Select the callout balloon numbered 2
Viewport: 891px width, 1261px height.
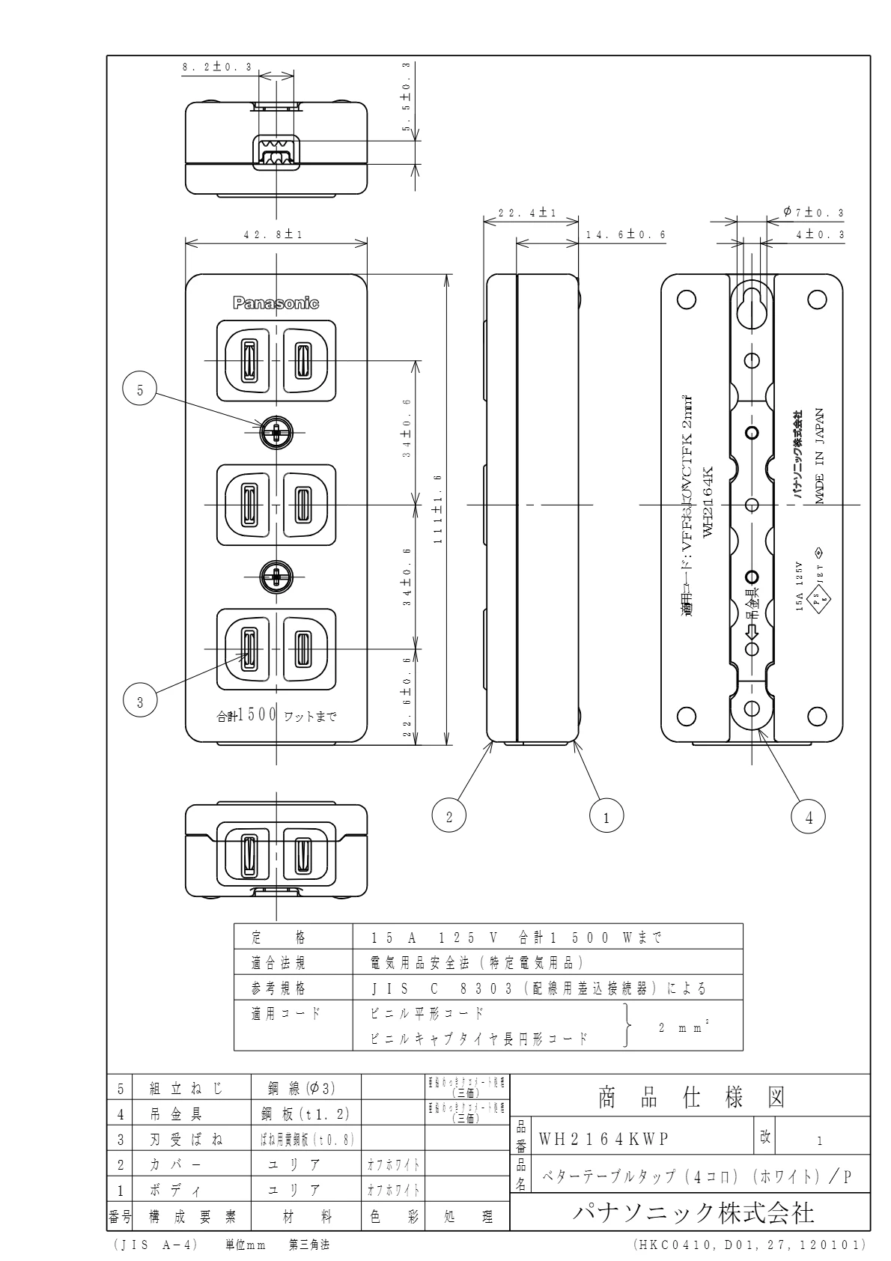(449, 817)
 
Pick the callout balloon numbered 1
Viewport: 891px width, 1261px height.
(607, 817)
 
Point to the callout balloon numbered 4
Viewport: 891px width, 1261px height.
(809, 817)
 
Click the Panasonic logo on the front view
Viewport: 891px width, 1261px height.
(276, 303)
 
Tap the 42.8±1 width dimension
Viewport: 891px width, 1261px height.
(273, 234)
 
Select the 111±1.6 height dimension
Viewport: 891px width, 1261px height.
(438, 509)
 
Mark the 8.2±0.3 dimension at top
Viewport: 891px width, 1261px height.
(216, 67)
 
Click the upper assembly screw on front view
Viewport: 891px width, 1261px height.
(276, 432)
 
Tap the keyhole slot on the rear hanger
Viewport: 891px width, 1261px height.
(752, 306)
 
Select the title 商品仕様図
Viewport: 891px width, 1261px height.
(690, 1098)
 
